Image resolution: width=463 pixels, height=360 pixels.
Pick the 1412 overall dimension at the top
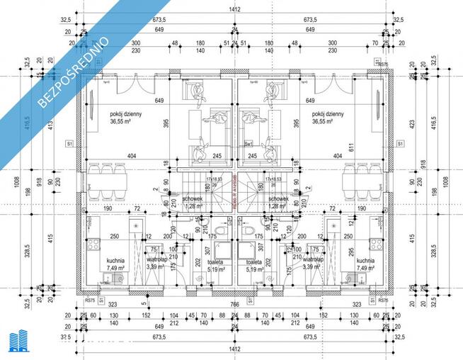(x=234, y=9)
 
